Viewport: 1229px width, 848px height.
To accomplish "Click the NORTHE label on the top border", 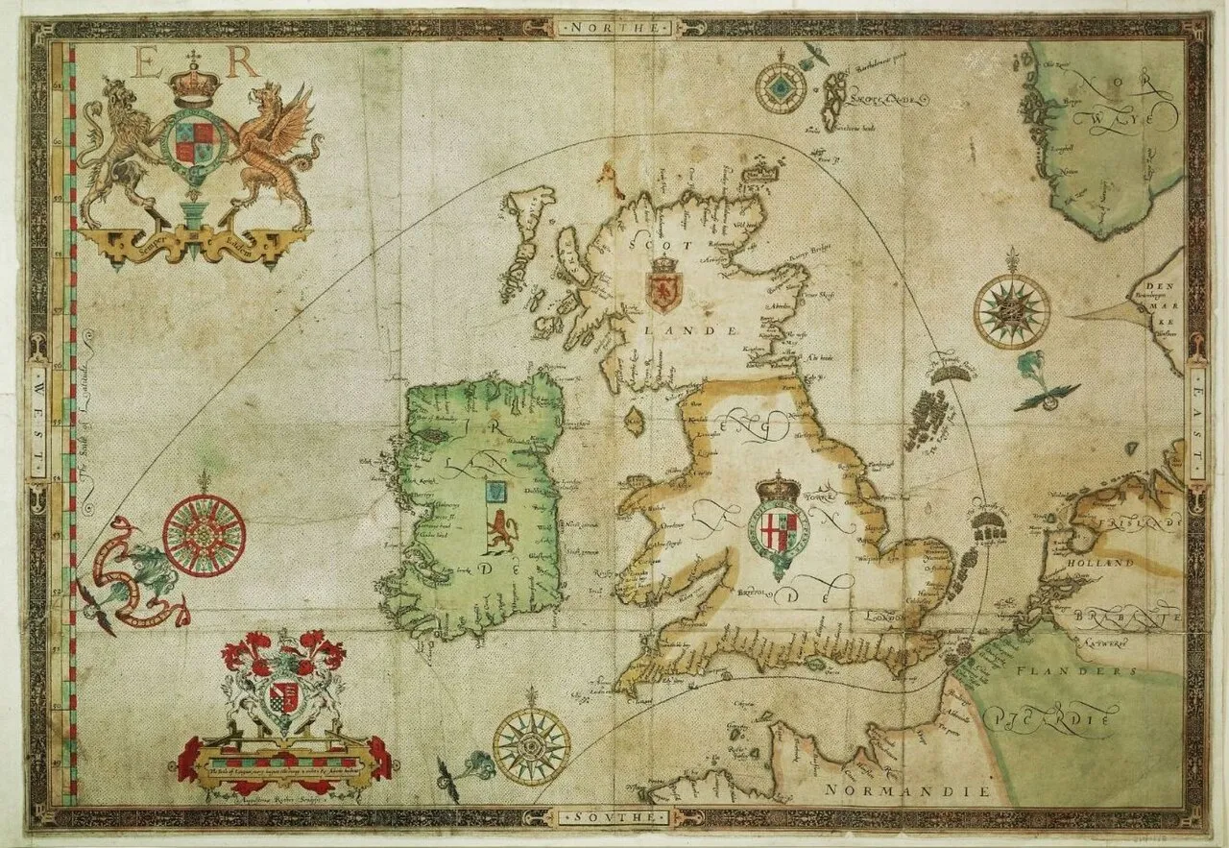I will coord(614,28).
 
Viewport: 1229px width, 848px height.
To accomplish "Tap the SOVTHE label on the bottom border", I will coord(614,817).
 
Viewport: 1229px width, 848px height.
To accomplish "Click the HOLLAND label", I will coord(1107,564).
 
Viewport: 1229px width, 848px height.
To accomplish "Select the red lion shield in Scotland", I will coord(663,285).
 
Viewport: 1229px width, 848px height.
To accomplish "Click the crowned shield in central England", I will coord(779,524).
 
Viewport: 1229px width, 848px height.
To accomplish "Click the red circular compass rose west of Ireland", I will coord(204,535).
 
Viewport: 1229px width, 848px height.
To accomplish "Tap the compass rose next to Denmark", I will coord(1012,311).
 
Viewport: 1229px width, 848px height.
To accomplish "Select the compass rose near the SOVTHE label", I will coord(531,745).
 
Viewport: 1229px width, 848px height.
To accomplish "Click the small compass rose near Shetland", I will coord(781,88).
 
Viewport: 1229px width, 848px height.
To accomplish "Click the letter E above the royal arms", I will coord(151,63).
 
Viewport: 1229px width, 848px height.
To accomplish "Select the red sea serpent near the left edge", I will coord(134,576).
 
